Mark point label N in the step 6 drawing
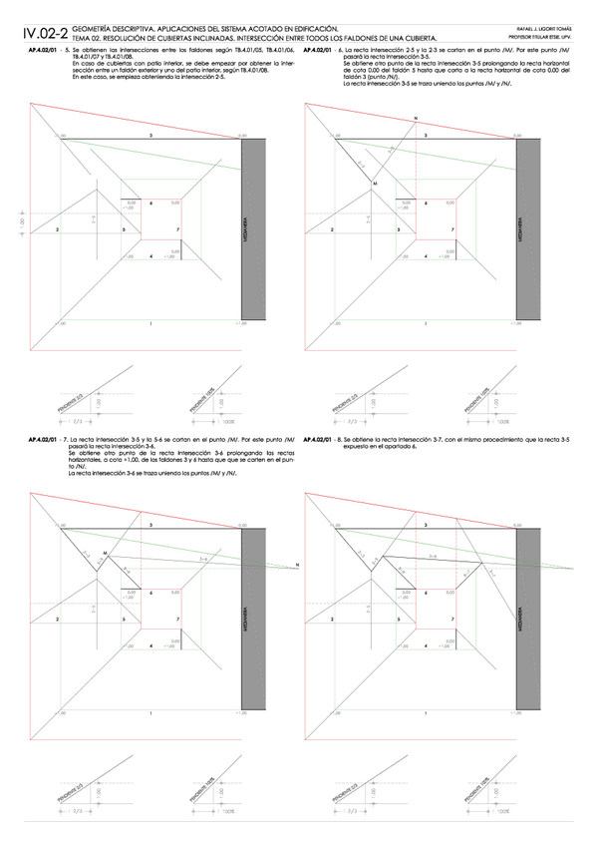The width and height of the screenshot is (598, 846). pos(415,119)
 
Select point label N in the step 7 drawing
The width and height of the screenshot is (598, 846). pos(296,566)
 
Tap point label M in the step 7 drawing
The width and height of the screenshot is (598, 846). pos(105,552)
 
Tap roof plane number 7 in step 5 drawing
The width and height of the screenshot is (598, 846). pos(177,229)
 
